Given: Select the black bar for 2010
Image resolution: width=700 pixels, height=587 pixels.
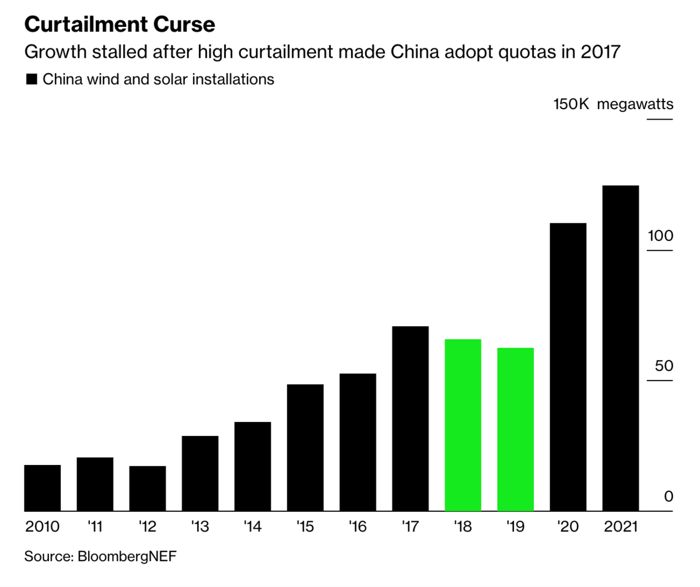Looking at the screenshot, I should (x=43, y=488).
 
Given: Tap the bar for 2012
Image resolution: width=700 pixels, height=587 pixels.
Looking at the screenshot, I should (x=148, y=488).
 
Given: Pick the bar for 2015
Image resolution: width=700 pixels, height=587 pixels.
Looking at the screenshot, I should (x=305, y=448).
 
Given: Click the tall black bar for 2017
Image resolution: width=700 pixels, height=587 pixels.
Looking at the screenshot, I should (x=410, y=418).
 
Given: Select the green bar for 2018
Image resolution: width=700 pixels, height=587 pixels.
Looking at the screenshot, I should (x=463, y=425).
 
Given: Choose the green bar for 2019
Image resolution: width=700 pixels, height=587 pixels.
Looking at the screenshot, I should (x=515, y=429).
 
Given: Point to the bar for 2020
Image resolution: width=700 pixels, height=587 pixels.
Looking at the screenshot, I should (x=568, y=367).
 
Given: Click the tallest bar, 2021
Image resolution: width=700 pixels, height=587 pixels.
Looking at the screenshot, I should (x=620, y=348).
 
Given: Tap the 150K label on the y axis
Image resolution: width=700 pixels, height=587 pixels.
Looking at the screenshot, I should (x=571, y=104).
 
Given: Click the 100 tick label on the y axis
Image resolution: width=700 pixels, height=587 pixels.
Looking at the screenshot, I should (x=660, y=236).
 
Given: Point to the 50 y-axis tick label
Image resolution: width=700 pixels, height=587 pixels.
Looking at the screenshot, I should (x=663, y=366).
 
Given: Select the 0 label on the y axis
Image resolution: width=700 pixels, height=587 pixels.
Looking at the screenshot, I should (x=668, y=497).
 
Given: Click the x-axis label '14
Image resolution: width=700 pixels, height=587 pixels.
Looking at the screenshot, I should (x=252, y=527).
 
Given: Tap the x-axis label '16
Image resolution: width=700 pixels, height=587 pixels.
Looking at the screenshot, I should (x=357, y=527).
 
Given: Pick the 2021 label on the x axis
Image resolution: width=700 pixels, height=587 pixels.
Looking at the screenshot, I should (x=620, y=527).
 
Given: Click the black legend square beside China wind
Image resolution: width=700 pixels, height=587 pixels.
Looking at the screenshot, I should (x=32, y=79).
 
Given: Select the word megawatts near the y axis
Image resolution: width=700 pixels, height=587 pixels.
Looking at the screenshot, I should (x=635, y=104).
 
